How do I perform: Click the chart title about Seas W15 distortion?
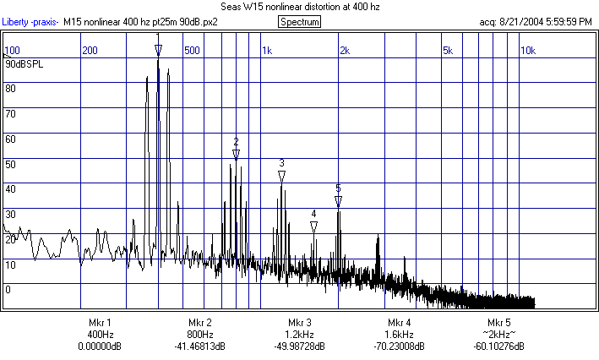click(299, 7)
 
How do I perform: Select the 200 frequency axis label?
click(90, 51)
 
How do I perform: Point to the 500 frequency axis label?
click(193, 51)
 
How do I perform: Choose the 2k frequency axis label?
click(345, 51)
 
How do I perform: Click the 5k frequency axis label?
click(448, 51)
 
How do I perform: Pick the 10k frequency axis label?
click(527, 51)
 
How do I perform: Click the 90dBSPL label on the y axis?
click(23, 63)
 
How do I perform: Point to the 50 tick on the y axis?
click(10, 163)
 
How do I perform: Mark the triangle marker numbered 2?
click(237, 155)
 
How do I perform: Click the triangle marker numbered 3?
click(281, 176)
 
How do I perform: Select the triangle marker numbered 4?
click(313, 226)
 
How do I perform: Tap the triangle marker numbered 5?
click(338, 201)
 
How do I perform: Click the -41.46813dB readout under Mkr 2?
click(199, 346)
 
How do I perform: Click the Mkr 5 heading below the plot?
click(498, 323)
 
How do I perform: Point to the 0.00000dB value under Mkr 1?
click(100, 346)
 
